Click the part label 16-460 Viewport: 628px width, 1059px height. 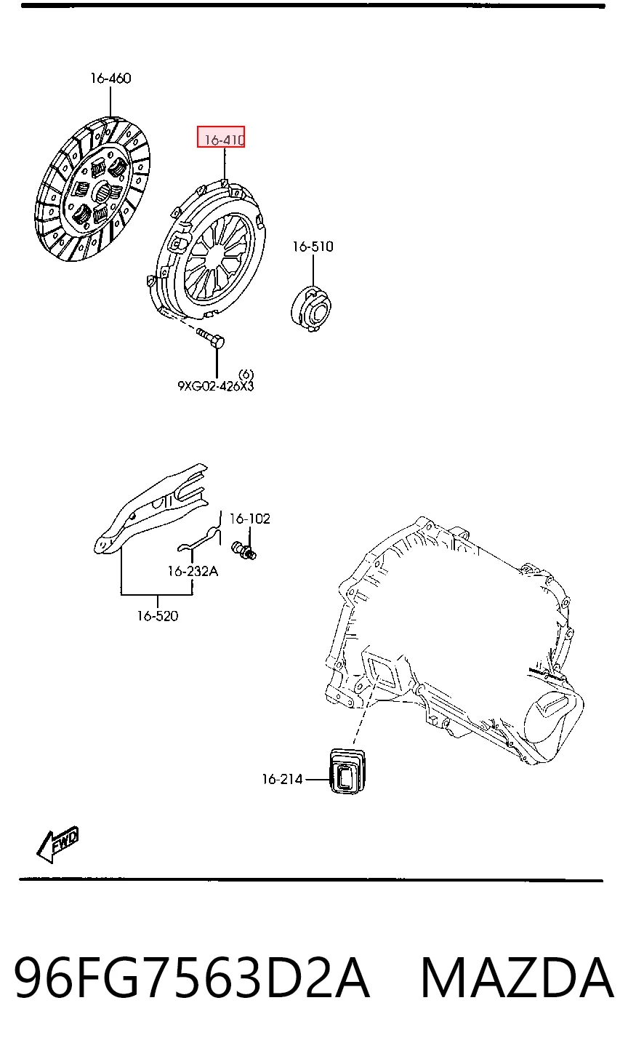click(x=110, y=78)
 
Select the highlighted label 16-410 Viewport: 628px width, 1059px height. click(x=221, y=137)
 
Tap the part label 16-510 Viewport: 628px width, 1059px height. click(x=313, y=247)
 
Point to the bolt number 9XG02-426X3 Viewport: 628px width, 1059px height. click(x=215, y=386)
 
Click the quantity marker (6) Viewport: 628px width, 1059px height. click(x=246, y=375)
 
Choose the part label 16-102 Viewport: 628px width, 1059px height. click(x=249, y=519)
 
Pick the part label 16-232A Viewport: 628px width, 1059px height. click(x=193, y=571)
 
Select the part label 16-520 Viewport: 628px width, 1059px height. click(x=158, y=615)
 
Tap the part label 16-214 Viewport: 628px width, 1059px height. click(x=282, y=779)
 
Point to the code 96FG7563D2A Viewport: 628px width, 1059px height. click(x=191, y=977)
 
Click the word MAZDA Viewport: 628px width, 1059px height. click(x=517, y=977)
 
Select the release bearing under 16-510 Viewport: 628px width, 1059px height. click(x=311, y=308)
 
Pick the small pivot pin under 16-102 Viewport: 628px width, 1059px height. click(x=243, y=551)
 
